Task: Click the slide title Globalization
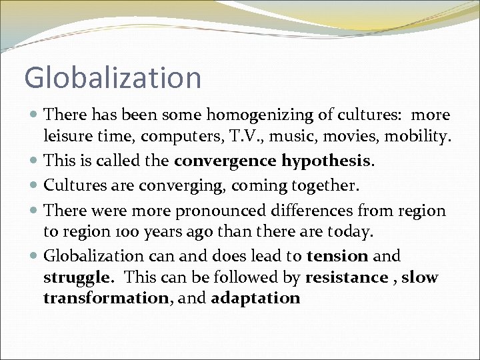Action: pos(113,77)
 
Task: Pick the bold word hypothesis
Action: pos(327,161)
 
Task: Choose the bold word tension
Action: pos(337,256)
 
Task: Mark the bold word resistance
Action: pos(346,277)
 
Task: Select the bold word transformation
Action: pos(105,298)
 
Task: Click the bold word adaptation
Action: pos(255,298)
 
